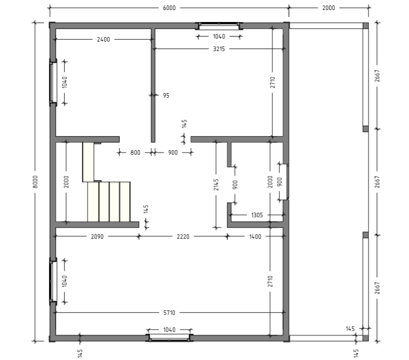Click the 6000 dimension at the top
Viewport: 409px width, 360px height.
click(169, 8)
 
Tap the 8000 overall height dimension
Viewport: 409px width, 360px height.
click(36, 182)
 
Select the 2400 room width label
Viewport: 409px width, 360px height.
click(103, 40)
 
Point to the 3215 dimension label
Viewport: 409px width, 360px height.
click(219, 49)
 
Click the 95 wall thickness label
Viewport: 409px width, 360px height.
click(166, 95)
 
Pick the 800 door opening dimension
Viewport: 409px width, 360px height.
click(135, 152)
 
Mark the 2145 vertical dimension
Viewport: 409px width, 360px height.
click(216, 184)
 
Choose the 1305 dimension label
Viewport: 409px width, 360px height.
click(257, 215)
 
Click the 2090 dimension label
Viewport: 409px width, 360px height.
click(97, 236)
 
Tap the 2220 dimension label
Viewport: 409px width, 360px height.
click(183, 236)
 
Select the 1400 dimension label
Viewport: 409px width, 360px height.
click(255, 236)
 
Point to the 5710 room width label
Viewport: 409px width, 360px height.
click(169, 312)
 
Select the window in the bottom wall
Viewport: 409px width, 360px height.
click(169, 338)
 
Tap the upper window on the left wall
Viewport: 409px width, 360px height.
click(53, 82)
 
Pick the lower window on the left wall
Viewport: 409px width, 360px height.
click(53, 281)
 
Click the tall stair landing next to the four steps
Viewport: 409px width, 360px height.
click(88, 162)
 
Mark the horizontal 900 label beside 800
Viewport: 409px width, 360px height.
click(173, 152)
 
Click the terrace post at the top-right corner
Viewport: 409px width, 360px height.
click(366, 26)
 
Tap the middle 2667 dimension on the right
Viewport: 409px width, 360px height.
click(377, 182)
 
